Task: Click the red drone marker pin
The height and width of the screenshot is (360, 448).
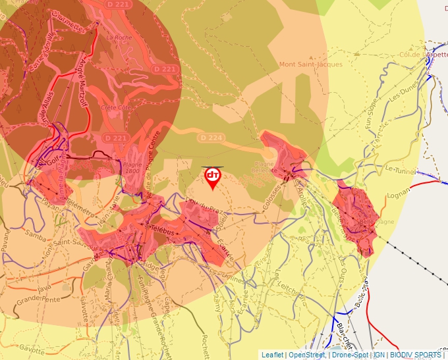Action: [x=213, y=177]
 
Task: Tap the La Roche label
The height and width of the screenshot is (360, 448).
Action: [x=119, y=38]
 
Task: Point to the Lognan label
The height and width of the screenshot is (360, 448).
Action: [x=399, y=194]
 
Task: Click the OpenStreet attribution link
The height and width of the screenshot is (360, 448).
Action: [x=306, y=355]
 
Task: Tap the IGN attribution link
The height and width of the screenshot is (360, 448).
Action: [x=379, y=355]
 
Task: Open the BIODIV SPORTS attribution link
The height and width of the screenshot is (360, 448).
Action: [x=416, y=355]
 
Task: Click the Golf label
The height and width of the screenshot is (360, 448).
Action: [x=53, y=158]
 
